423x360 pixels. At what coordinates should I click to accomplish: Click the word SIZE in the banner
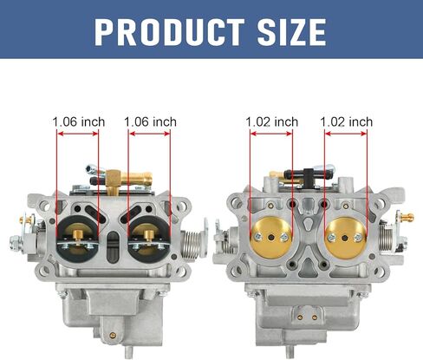coord(292,32)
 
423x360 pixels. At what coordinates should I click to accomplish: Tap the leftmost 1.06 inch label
coord(79,121)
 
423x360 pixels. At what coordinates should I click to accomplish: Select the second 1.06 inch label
coord(150,121)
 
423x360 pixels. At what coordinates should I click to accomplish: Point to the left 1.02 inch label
coord(272,121)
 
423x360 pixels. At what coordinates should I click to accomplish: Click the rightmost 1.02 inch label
coord(347,121)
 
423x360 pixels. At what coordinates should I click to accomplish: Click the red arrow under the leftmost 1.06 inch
coord(78,134)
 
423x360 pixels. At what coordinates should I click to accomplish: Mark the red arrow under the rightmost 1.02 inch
coord(346,134)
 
